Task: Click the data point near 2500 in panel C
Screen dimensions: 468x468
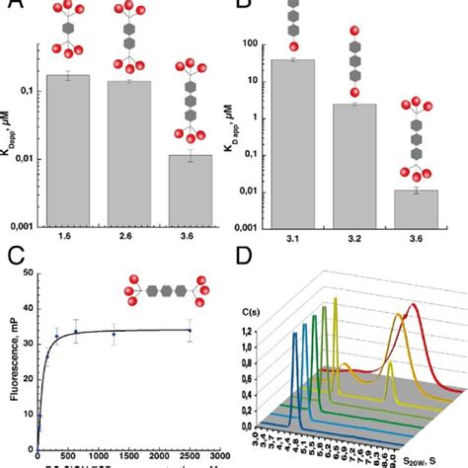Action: (191, 332)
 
